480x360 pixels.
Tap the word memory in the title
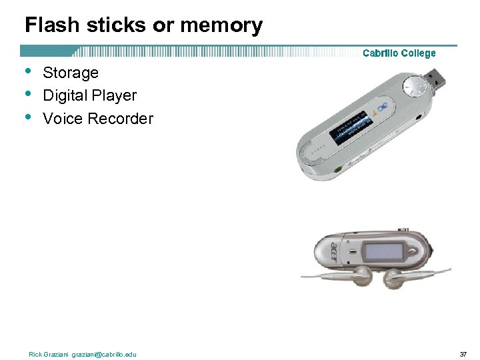click(x=225, y=25)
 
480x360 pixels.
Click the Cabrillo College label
click(x=399, y=53)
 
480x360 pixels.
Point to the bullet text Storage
click(x=71, y=73)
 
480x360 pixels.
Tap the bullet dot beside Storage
click(x=27, y=71)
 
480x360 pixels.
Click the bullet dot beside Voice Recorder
click(x=27, y=117)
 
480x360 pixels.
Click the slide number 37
click(x=463, y=354)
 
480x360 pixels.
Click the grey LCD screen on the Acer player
click(x=383, y=252)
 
